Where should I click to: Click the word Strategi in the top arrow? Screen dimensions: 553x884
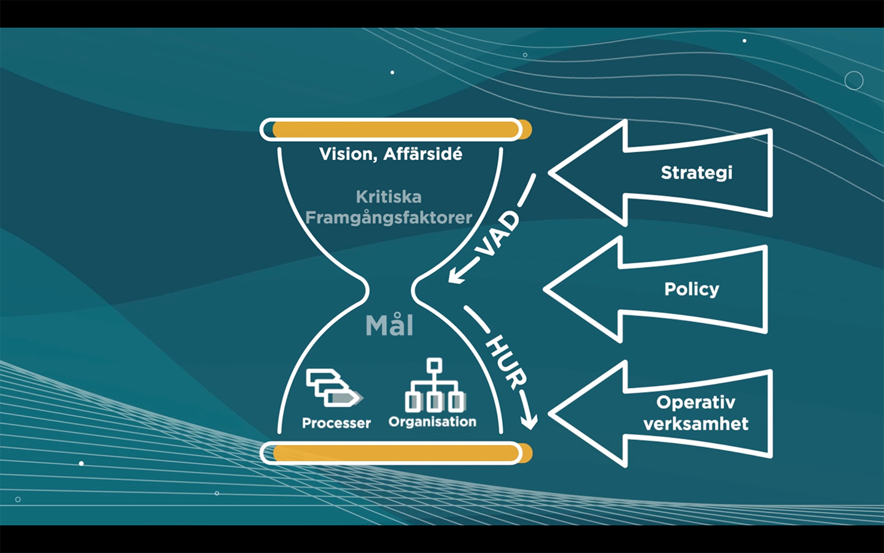point(696,173)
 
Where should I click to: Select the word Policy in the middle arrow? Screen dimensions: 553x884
point(691,289)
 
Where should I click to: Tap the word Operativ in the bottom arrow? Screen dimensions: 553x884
point(696,402)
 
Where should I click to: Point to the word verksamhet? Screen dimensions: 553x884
point(696,424)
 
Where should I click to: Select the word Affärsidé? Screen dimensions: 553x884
point(423,154)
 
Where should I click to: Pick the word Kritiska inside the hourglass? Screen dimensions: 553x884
point(389,197)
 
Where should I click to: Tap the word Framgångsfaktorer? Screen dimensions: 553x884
point(389,218)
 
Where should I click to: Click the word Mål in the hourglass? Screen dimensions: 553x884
point(389,326)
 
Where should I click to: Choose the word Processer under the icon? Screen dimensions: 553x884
point(336,423)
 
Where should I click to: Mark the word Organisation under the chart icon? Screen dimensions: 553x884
point(432,422)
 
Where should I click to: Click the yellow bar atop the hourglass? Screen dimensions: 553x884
point(396,130)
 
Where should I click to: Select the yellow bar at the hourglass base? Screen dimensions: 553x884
point(396,453)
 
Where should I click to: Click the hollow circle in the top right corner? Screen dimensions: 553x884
point(854,80)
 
